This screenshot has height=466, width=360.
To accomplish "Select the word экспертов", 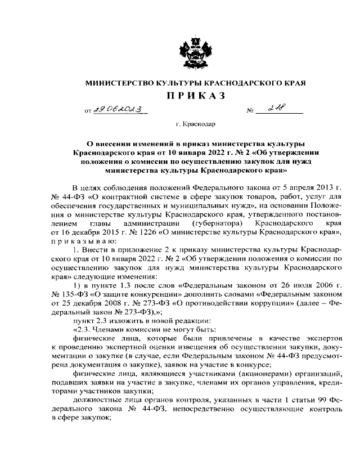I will [x=318, y=339].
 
